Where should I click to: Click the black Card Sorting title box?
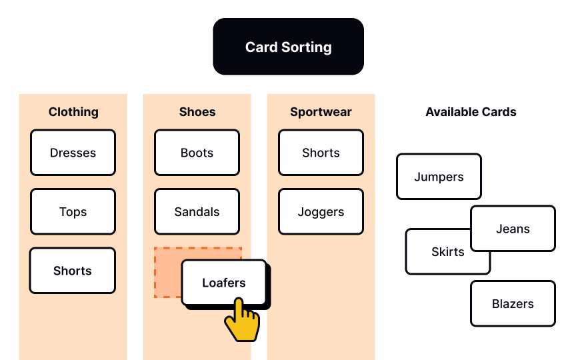point(288,47)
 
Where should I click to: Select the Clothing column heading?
point(73,112)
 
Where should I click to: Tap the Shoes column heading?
point(197,112)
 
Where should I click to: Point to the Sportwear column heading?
point(321,112)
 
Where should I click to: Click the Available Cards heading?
point(471,112)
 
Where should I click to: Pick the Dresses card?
point(73,153)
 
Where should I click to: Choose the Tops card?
point(73,212)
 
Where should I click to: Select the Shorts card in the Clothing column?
point(73,271)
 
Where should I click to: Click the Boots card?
point(197,153)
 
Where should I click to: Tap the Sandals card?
point(197,212)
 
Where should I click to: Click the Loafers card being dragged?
point(224,282)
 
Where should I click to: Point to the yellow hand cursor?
point(241,321)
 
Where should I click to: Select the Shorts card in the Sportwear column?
point(321,153)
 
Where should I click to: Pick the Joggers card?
point(321,212)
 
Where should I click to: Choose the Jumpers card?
point(439,177)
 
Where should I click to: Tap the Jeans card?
point(513,229)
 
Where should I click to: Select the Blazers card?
point(513,303)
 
